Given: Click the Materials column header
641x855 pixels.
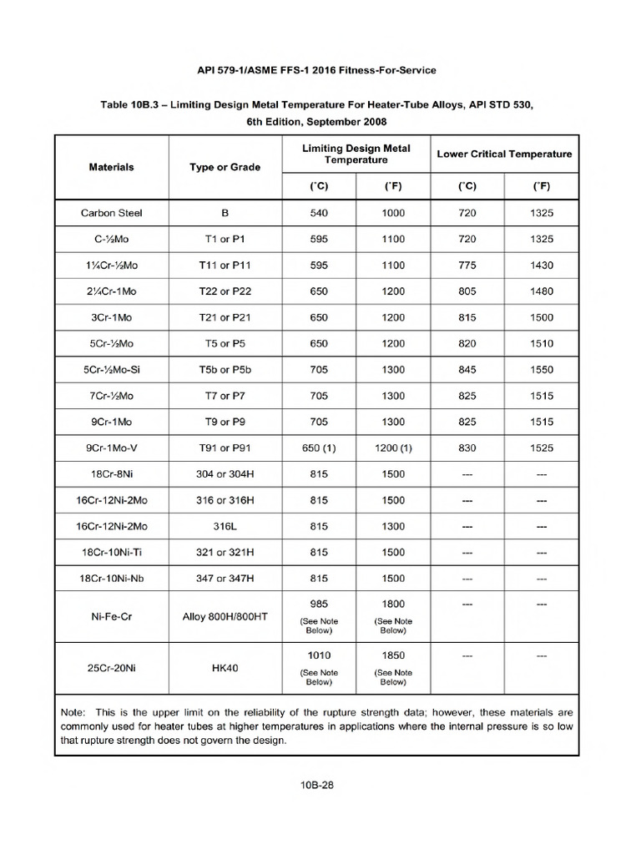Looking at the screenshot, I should click(x=111, y=167).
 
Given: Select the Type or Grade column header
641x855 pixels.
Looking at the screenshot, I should click(x=225, y=167).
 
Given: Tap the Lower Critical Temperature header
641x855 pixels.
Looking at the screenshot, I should click(x=504, y=154).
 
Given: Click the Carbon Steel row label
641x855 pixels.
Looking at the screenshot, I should click(x=111, y=213).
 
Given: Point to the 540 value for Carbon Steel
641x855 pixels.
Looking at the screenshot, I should click(x=319, y=213).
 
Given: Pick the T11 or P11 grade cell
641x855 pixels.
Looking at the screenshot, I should click(x=225, y=265).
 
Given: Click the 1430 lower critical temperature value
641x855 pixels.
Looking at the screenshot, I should click(x=541, y=265).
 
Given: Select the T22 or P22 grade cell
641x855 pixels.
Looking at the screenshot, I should click(x=225, y=291).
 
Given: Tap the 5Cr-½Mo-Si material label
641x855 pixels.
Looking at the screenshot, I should click(x=111, y=369).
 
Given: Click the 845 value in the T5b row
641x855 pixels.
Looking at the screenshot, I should click(x=467, y=369).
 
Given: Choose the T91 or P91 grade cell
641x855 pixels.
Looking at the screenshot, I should click(x=225, y=448).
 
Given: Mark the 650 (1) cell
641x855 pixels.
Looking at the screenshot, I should click(x=319, y=448).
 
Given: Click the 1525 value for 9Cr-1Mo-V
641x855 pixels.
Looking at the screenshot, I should click(x=541, y=448).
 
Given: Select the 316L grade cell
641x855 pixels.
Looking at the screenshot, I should click(x=225, y=526).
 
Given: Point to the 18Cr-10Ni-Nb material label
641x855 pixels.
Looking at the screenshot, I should click(x=111, y=578).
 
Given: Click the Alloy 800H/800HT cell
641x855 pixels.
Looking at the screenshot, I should click(x=225, y=617).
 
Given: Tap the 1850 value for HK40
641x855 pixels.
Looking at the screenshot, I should click(x=393, y=656).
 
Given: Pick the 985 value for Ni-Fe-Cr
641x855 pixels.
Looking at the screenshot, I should click(x=319, y=604).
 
